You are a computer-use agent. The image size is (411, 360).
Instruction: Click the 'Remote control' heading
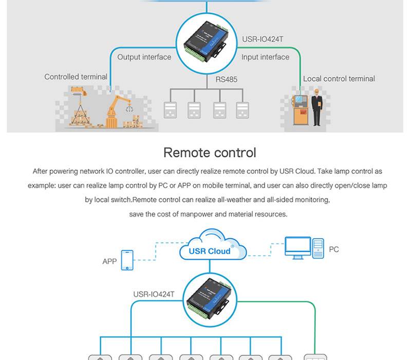click(x=209, y=153)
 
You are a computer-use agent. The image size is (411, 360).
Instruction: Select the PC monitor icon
click(x=298, y=247)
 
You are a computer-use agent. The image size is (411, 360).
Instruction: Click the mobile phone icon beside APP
click(x=126, y=260)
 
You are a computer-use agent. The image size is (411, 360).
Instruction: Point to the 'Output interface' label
click(x=144, y=57)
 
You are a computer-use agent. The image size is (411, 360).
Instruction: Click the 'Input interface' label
click(x=265, y=57)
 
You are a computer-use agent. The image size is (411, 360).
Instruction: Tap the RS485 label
click(x=227, y=80)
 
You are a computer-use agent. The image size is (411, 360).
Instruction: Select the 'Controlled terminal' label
click(x=76, y=77)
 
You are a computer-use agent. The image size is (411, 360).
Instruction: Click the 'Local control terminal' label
click(x=339, y=79)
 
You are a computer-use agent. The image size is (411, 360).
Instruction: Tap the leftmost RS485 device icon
click(x=170, y=110)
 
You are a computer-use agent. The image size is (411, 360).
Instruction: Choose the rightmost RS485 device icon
click(x=242, y=110)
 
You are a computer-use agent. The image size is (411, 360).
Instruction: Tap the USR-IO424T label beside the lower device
click(x=154, y=295)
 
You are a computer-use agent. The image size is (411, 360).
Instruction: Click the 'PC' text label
click(x=334, y=249)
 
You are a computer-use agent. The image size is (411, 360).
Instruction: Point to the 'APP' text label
click(x=109, y=261)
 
